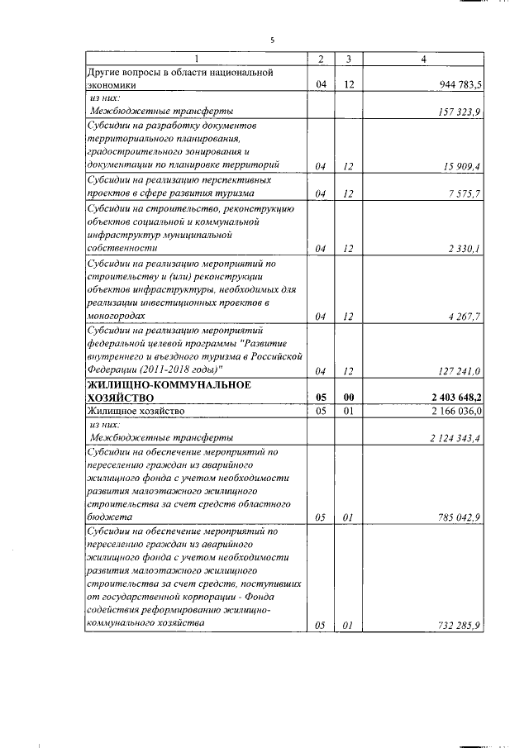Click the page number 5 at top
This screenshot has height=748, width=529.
click(x=272, y=40)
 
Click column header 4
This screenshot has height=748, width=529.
click(x=423, y=59)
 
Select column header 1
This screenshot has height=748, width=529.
click(x=196, y=59)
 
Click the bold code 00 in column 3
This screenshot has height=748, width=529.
click(x=349, y=397)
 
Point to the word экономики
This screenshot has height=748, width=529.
click(x=115, y=85)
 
